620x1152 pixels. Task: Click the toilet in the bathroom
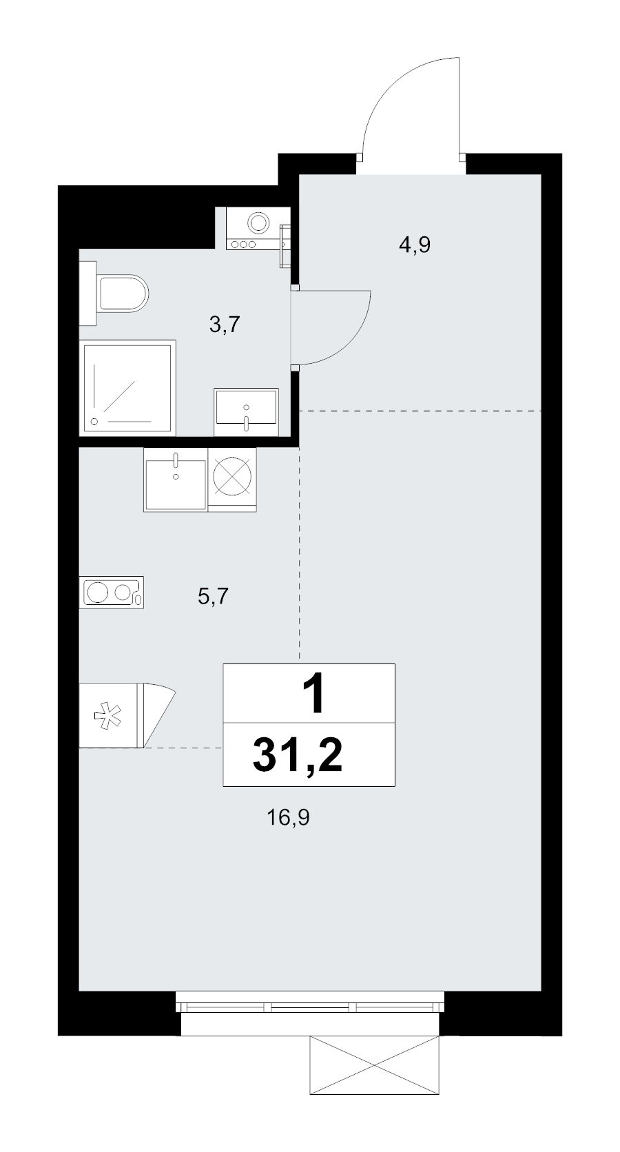(x=123, y=293)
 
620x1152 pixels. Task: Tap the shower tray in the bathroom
(x=127, y=387)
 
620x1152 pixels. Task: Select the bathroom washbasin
(x=246, y=411)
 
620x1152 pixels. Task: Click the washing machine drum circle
(x=258, y=223)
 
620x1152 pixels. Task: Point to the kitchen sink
(x=175, y=480)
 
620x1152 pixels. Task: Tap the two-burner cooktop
(x=112, y=593)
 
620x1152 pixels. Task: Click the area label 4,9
(x=414, y=245)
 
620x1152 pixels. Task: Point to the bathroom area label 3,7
(x=225, y=325)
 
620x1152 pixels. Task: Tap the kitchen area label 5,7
(x=213, y=597)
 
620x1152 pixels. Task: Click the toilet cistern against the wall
(x=88, y=293)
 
